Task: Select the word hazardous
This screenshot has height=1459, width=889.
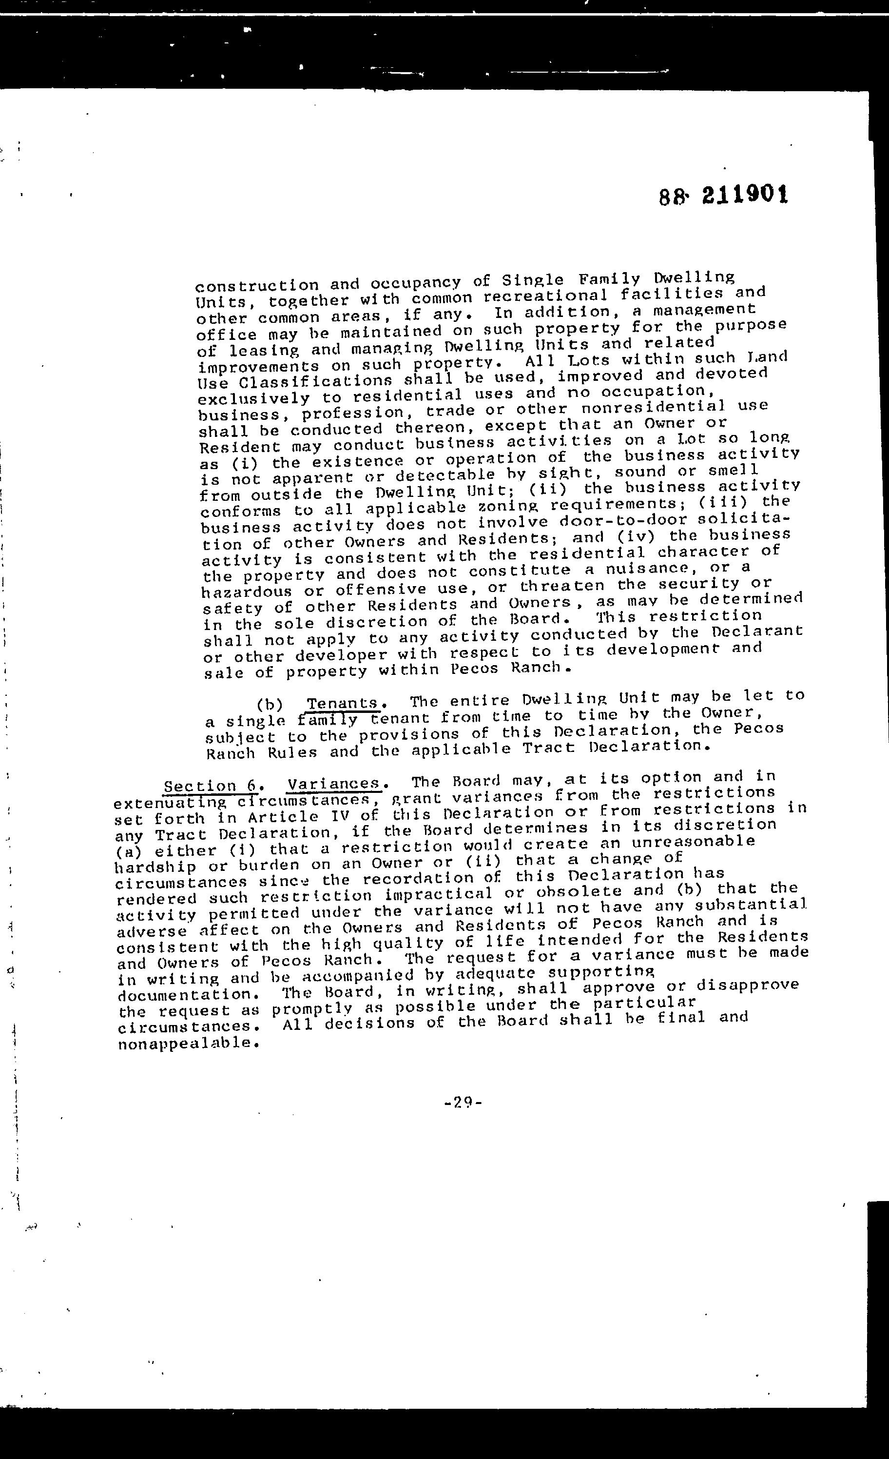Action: point(247,591)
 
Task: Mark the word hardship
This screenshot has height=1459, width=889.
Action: point(155,867)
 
